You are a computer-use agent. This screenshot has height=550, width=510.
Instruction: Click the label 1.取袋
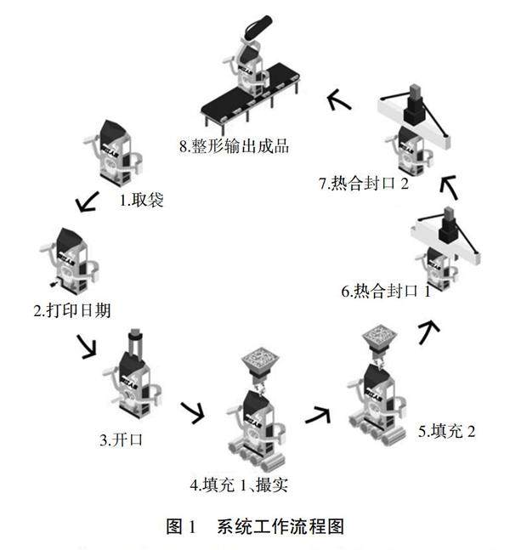click(x=140, y=201)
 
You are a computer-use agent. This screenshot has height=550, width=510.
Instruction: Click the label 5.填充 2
click(x=446, y=431)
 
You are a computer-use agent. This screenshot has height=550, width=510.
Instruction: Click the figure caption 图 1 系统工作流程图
click(x=255, y=526)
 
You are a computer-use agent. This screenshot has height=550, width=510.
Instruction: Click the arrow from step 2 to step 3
click(x=87, y=346)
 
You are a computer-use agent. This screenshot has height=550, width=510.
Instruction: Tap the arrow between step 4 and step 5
click(x=317, y=414)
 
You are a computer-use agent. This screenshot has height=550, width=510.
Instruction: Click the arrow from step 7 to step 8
click(x=339, y=102)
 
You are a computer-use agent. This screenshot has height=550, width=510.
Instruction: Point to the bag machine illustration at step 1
click(x=115, y=153)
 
